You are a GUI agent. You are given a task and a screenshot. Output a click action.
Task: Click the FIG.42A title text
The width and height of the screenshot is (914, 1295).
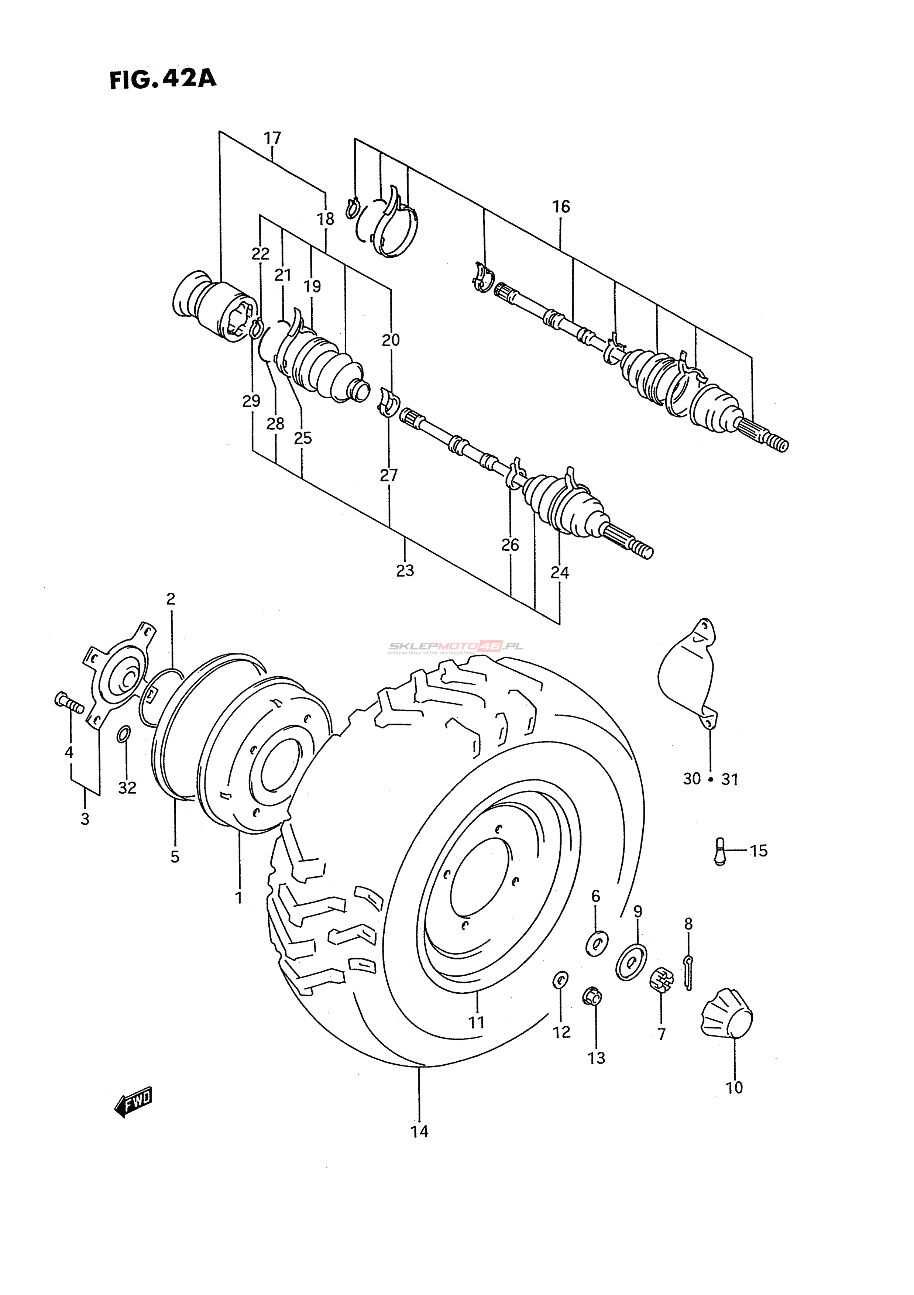click(163, 79)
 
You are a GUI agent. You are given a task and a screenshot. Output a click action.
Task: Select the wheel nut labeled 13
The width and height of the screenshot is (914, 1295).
click(592, 997)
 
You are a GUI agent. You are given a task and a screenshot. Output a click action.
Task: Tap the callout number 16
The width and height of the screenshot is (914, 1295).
click(561, 206)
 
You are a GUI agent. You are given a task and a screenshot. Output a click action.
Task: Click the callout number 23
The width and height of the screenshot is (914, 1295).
click(405, 571)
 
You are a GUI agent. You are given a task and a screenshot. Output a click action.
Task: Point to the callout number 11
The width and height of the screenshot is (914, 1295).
click(477, 1022)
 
